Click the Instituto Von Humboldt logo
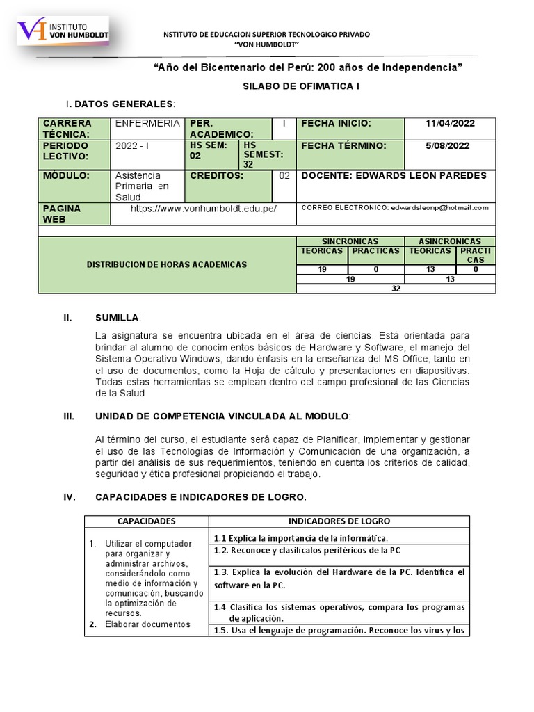pyautogui.click(x=63, y=32)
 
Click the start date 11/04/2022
pyautogui.click(x=450, y=124)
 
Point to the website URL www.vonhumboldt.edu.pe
pyautogui.click(x=203, y=209)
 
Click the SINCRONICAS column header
pyautogui.click(x=350, y=241)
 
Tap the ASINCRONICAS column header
pyautogui.click(x=450, y=241)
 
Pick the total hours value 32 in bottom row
pyautogui.click(x=396, y=289)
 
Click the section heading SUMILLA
pyautogui.click(x=117, y=318)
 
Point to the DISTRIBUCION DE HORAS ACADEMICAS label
pyautogui.click(x=166, y=265)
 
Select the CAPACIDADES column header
pyautogui.click(x=146, y=521)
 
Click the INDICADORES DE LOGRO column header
pyautogui.click(x=339, y=521)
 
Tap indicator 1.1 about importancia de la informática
pyautogui.click(x=300, y=538)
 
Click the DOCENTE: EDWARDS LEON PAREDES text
pyautogui.click(x=394, y=176)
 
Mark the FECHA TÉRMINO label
pyautogui.click(x=341, y=146)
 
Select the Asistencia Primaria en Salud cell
pyautogui.click(x=143, y=186)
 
